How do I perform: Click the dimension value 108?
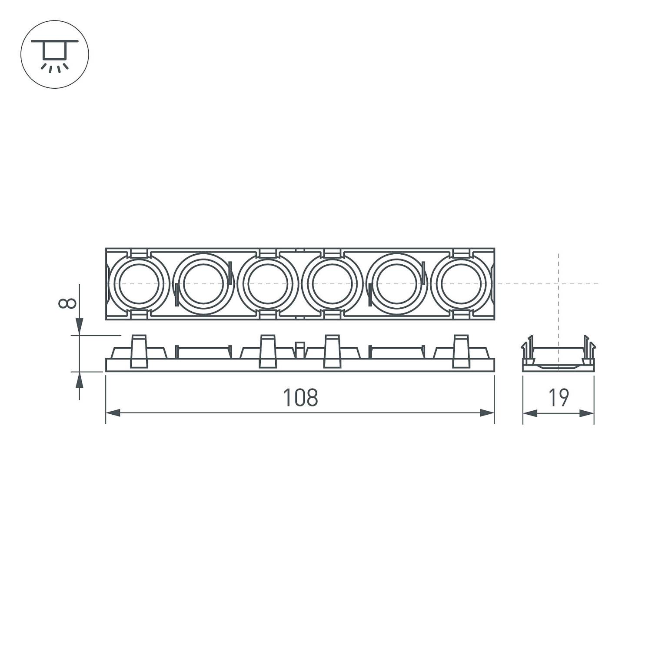click(x=300, y=398)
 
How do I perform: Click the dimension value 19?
click(x=559, y=398)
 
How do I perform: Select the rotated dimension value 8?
click(x=67, y=303)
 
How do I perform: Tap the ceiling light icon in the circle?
click(x=55, y=54)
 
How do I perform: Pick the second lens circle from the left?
click(x=203, y=284)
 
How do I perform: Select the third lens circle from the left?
click(x=268, y=284)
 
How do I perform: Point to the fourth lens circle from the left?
click(x=332, y=284)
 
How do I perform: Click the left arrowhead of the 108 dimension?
click(x=113, y=413)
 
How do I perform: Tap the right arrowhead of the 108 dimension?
click(x=487, y=413)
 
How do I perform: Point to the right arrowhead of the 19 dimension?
click(x=587, y=413)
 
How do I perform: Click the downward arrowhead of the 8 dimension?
click(x=79, y=326)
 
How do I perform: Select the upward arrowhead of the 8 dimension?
click(x=79, y=381)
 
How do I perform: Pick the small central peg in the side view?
click(x=300, y=349)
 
